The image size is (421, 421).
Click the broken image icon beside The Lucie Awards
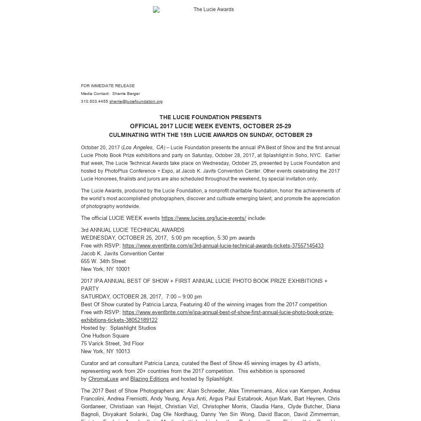pyautogui.click(x=156, y=9)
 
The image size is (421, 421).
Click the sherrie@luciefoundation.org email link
pyautogui.click(x=136, y=102)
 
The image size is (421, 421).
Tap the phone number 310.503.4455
pyautogui.click(x=94, y=102)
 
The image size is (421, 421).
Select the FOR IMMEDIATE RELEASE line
pyautogui.click(x=108, y=86)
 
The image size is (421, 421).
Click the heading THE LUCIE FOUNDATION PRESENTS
pyautogui.click(x=210, y=118)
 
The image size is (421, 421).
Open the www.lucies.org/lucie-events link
pyautogui.click(x=204, y=218)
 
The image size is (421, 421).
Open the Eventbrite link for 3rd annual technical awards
pyautogui.click(x=223, y=246)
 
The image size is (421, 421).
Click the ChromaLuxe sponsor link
pyautogui.click(x=103, y=379)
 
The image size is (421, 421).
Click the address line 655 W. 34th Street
pyautogui.click(x=103, y=261)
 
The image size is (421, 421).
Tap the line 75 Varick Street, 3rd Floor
pyautogui.click(x=112, y=344)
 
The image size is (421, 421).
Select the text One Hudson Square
pyautogui.click(x=105, y=336)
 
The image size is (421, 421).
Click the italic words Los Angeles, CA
pyautogui.click(x=143, y=148)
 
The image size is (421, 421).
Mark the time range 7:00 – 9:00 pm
pyautogui.click(x=184, y=297)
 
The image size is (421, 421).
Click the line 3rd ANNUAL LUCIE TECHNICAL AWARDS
pyautogui.click(x=132, y=230)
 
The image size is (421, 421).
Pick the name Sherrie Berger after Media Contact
pyautogui.click(x=126, y=94)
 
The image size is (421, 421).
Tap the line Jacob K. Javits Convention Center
pyautogui.click(x=122, y=254)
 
